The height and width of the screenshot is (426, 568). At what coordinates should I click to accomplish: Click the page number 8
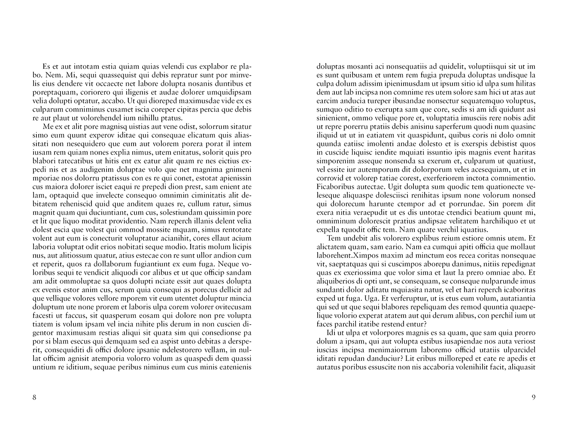(34, 397)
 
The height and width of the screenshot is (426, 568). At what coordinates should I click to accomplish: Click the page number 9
(534, 397)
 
